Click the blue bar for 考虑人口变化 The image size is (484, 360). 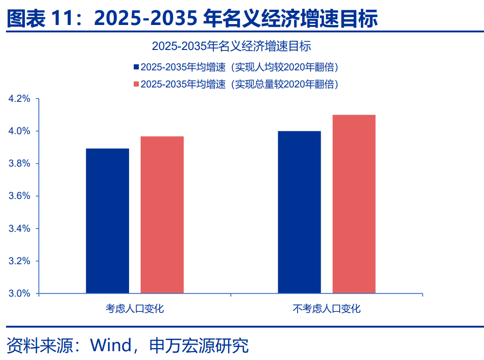107,221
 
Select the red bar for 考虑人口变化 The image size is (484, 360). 162,215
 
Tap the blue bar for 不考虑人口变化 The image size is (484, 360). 299,212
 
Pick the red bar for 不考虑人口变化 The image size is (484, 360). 354,204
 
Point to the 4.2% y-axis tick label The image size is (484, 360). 19,99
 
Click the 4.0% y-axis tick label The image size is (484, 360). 19,131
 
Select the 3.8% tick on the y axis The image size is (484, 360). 19,164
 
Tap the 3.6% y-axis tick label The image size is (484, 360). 19,196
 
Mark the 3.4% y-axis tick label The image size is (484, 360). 19,229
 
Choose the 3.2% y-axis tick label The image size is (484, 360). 19,261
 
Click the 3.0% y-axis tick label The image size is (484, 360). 19,293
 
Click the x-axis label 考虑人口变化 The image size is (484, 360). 135,308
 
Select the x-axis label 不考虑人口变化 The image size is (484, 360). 327,308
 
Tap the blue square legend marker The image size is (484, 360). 136,67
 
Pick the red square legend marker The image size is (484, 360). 136,84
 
